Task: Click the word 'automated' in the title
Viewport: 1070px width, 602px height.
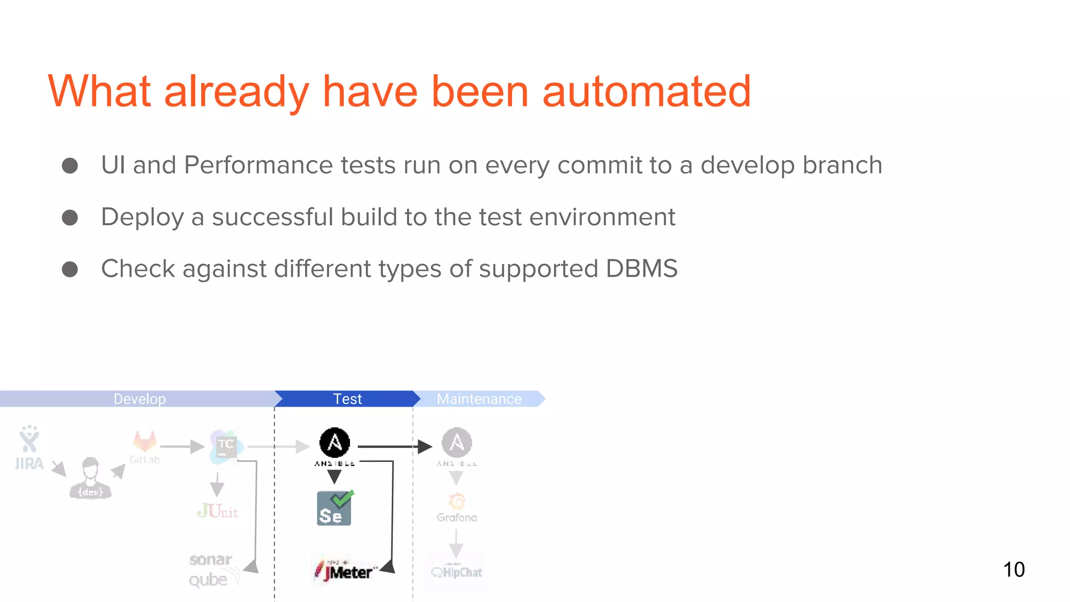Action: pyautogui.click(x=646, y=92)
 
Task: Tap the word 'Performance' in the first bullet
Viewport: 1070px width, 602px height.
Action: pyautogui.click(x=258, y=165)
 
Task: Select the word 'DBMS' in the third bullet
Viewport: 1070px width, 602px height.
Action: pyautogui.click(x=641, y=269)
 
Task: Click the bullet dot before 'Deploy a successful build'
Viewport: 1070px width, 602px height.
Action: pyautogui.click(x=70, y=217)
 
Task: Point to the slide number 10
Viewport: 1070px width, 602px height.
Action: pyautogui.click(x=1014, y=569)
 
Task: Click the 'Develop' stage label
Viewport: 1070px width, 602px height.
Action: pyautogui.click(x=139, y=399)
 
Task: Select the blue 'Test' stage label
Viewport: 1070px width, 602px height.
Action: pyautogui.click(x=347, y=399)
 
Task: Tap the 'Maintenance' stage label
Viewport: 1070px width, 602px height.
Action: pyautogui.click(x=479, y=399)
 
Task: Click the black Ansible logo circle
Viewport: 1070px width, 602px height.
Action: pyautogui.click(x=334, y=443)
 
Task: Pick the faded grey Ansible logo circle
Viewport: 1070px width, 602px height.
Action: pyautogui.click(x=457, y=443)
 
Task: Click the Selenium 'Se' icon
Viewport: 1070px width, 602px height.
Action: pyautogui.click(x=334, y=508)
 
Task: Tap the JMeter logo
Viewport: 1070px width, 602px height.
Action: pyautogui.click(x=345, y=571)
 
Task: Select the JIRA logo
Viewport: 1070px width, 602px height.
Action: pyautogui.click(x=29, y=447)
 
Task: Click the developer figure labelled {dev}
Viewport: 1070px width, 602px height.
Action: pyautogui.click(x=90, y=478)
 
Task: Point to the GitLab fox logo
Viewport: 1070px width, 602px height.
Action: pyautogui.click(x=145, y=442)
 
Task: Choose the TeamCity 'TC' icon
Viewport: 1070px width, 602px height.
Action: pyautogui.click(x=226, y=446)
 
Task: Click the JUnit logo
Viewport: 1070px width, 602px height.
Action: pyautogui.click(x=217, y=511)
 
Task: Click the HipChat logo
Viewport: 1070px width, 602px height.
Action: pyautogui.click(x=457, y=572)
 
